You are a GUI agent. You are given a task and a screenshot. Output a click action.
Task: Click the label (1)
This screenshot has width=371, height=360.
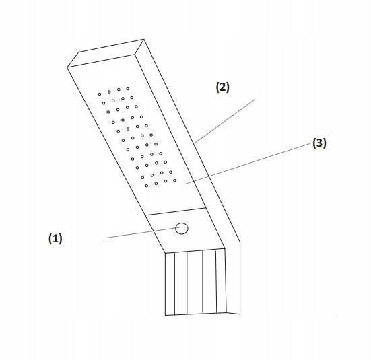[55, 238]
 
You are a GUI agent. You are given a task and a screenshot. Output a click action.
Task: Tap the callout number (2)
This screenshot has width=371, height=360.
[223, 87]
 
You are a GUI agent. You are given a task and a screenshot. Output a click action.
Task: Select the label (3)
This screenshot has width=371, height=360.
[319, 143]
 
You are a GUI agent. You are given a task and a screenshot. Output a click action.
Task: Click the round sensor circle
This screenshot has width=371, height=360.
[182, 228]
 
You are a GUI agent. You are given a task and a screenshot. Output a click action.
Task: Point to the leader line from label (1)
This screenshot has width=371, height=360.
[143, 233]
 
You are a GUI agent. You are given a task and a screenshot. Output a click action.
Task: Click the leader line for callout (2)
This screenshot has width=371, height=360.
[225, 121]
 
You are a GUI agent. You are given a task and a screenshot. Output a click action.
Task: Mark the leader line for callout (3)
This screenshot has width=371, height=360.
[248, 164]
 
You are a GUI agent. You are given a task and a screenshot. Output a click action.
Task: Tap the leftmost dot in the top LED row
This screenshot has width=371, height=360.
[100, 94]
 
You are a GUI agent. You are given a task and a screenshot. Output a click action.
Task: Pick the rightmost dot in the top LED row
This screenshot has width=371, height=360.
[127, 89]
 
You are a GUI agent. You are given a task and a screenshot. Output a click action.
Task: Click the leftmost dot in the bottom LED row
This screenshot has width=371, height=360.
[147, 186]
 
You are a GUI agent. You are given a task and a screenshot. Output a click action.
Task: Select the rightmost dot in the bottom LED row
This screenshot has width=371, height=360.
[174, 180]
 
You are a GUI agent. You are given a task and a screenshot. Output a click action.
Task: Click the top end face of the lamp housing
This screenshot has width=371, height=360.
[106, 53]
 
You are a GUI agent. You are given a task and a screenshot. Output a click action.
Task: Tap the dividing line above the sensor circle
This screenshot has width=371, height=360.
[175, 211]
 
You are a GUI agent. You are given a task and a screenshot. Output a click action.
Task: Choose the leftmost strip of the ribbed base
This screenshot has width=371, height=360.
[170, 284]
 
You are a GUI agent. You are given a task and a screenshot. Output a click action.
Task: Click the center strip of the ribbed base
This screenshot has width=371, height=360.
[195, 282]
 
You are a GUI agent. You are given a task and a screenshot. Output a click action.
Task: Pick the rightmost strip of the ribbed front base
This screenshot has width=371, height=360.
[221, 281]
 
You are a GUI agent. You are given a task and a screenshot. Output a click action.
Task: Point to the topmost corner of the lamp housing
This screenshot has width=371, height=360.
[143, 39]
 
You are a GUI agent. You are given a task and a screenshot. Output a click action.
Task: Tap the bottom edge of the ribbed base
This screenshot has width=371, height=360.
[196, 314]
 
